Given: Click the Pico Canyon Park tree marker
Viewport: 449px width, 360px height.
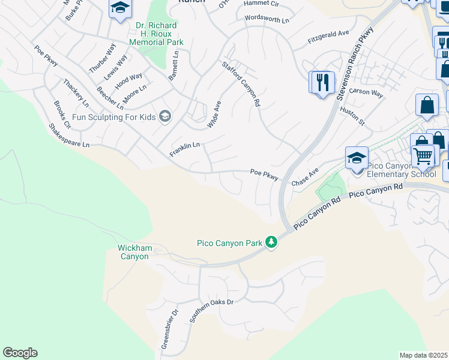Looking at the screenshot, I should [272, 242].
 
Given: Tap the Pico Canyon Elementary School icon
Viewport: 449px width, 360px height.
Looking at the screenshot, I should [357, 158].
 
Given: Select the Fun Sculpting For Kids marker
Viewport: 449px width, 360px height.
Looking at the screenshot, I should [165, 116].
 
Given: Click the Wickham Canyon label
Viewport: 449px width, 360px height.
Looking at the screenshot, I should [134, 252].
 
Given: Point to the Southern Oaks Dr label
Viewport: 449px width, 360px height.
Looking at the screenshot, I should [211, 310].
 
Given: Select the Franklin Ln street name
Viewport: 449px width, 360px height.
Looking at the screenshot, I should [184, 149].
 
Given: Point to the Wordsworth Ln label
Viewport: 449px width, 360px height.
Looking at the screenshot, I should [267, 19].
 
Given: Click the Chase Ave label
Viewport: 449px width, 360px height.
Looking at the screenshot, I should [305, 178].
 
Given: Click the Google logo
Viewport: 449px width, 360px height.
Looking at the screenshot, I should [20, 353].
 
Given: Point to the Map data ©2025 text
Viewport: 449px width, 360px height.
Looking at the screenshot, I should [424, 355].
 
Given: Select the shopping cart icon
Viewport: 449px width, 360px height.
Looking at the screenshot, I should [423, 157].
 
